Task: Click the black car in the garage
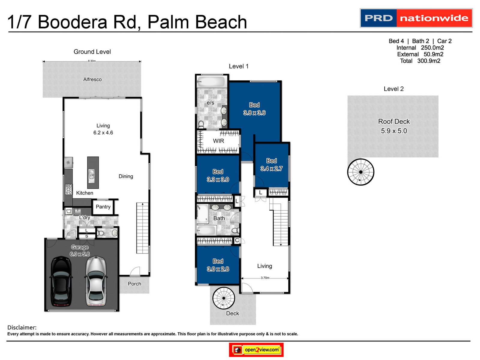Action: pos(61,281)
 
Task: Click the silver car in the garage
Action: pos(96,281)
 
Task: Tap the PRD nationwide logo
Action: pos(416,18)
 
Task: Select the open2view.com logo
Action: pos(256,349)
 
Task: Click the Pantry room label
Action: pos(103,207)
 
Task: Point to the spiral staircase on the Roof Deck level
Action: pos(361,172)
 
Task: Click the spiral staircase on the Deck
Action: pos(224,298)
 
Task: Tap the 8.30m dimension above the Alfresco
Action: pos(92,61)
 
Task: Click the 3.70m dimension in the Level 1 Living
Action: pos(265,278)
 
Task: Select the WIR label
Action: pos(218,141)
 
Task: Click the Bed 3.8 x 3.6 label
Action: pos(254,109)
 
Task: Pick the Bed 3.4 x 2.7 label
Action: pos(271,165)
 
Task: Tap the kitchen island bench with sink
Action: pos(93,172)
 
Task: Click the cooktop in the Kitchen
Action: pos(69,189)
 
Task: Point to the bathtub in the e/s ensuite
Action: pos(211,82)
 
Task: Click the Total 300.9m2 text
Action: pos(420,61)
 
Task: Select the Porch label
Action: pos(134,284)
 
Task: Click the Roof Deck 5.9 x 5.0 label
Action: pos(394,126)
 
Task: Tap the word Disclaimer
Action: pos(22,328)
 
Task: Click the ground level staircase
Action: pos(142,228)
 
